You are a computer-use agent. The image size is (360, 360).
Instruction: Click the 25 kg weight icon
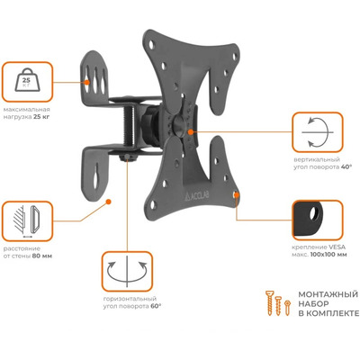click(x=27, y=79)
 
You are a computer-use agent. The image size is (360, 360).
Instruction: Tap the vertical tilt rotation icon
click(x=318, y=132)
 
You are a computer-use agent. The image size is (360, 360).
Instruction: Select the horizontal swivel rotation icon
click(x=127, y=272)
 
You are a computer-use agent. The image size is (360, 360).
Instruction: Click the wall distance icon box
click(x=27, y=221)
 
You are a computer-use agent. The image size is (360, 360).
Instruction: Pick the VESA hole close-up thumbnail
click(x=318, y=220)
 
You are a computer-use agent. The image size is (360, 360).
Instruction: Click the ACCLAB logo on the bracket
click(x=197, y=195)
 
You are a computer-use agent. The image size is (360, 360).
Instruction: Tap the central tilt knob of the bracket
click(x=179, y=124)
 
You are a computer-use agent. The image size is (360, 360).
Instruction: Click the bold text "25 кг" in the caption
click(x=41, y=117)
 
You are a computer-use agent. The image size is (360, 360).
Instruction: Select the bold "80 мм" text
click(x=42, y=256)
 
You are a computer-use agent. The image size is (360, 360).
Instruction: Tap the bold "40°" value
click(x=346, y=167)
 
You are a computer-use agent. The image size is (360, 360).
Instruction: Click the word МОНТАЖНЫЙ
click(x=328, y=294)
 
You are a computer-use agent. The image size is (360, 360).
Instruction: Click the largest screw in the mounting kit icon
click(x=270, y=302)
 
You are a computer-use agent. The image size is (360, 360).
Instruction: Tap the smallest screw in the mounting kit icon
click(x=288, y=308)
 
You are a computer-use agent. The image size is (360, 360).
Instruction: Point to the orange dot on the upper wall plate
click(x=87, y=82)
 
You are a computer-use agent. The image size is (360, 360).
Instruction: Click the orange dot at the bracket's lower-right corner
click(x=236, y=194)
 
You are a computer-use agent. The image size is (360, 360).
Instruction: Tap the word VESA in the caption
click(x=337, y=247)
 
